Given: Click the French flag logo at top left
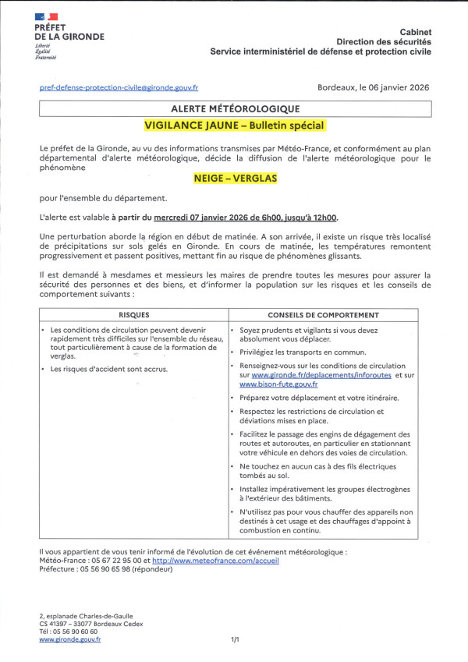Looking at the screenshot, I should [47, 16].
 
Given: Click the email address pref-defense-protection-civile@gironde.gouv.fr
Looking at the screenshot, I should [119, 89].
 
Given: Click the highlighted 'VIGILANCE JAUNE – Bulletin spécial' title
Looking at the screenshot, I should [234, 125].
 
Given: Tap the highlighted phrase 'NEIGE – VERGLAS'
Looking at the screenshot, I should [234, 178].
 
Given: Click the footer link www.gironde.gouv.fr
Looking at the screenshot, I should [70, 639].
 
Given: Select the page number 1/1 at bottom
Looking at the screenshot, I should [234, 639].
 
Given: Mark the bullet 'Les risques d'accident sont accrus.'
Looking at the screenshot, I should [109, 369].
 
